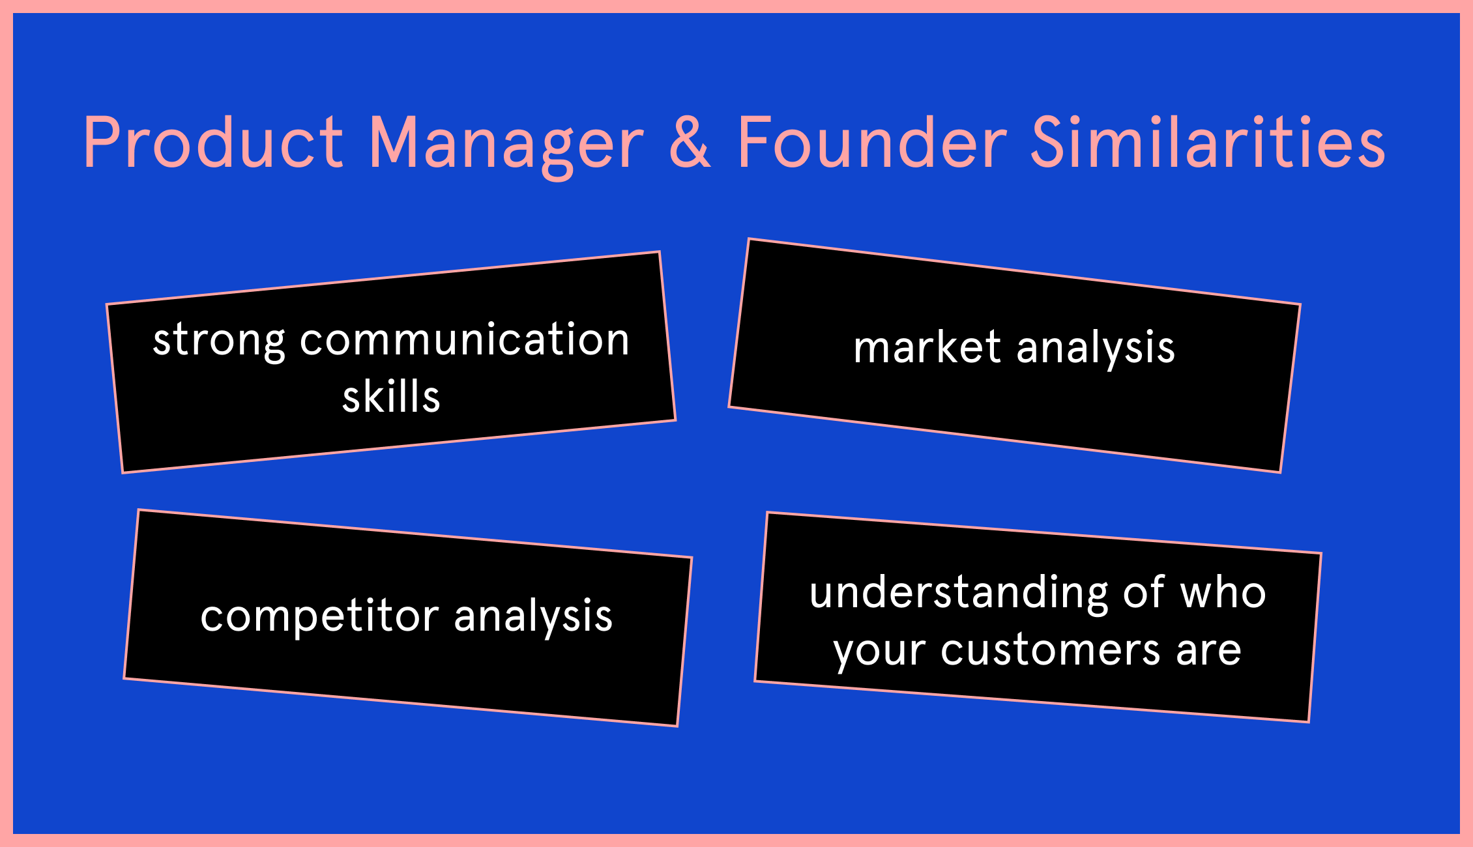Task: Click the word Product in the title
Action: click(x=213, y=141)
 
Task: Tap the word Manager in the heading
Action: click(x=506, y=147)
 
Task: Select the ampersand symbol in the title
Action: click(x=690, y=141)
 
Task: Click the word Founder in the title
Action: click(x=873, y=141)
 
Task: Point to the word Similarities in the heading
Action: click(x=1208, y=141)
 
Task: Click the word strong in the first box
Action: click(x=219, y=342)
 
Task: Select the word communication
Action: click(x=465, y=339)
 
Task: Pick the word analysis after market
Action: click(x=1096, y=349)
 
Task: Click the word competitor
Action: click(x=320, y=617)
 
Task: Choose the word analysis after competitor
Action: click(x=533, y=617)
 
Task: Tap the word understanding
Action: click(x=959, y=594)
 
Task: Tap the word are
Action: click(x=1208, y=651)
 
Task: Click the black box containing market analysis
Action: click(x=1014, y=355)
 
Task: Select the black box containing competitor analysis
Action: click(x=408, y=618)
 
